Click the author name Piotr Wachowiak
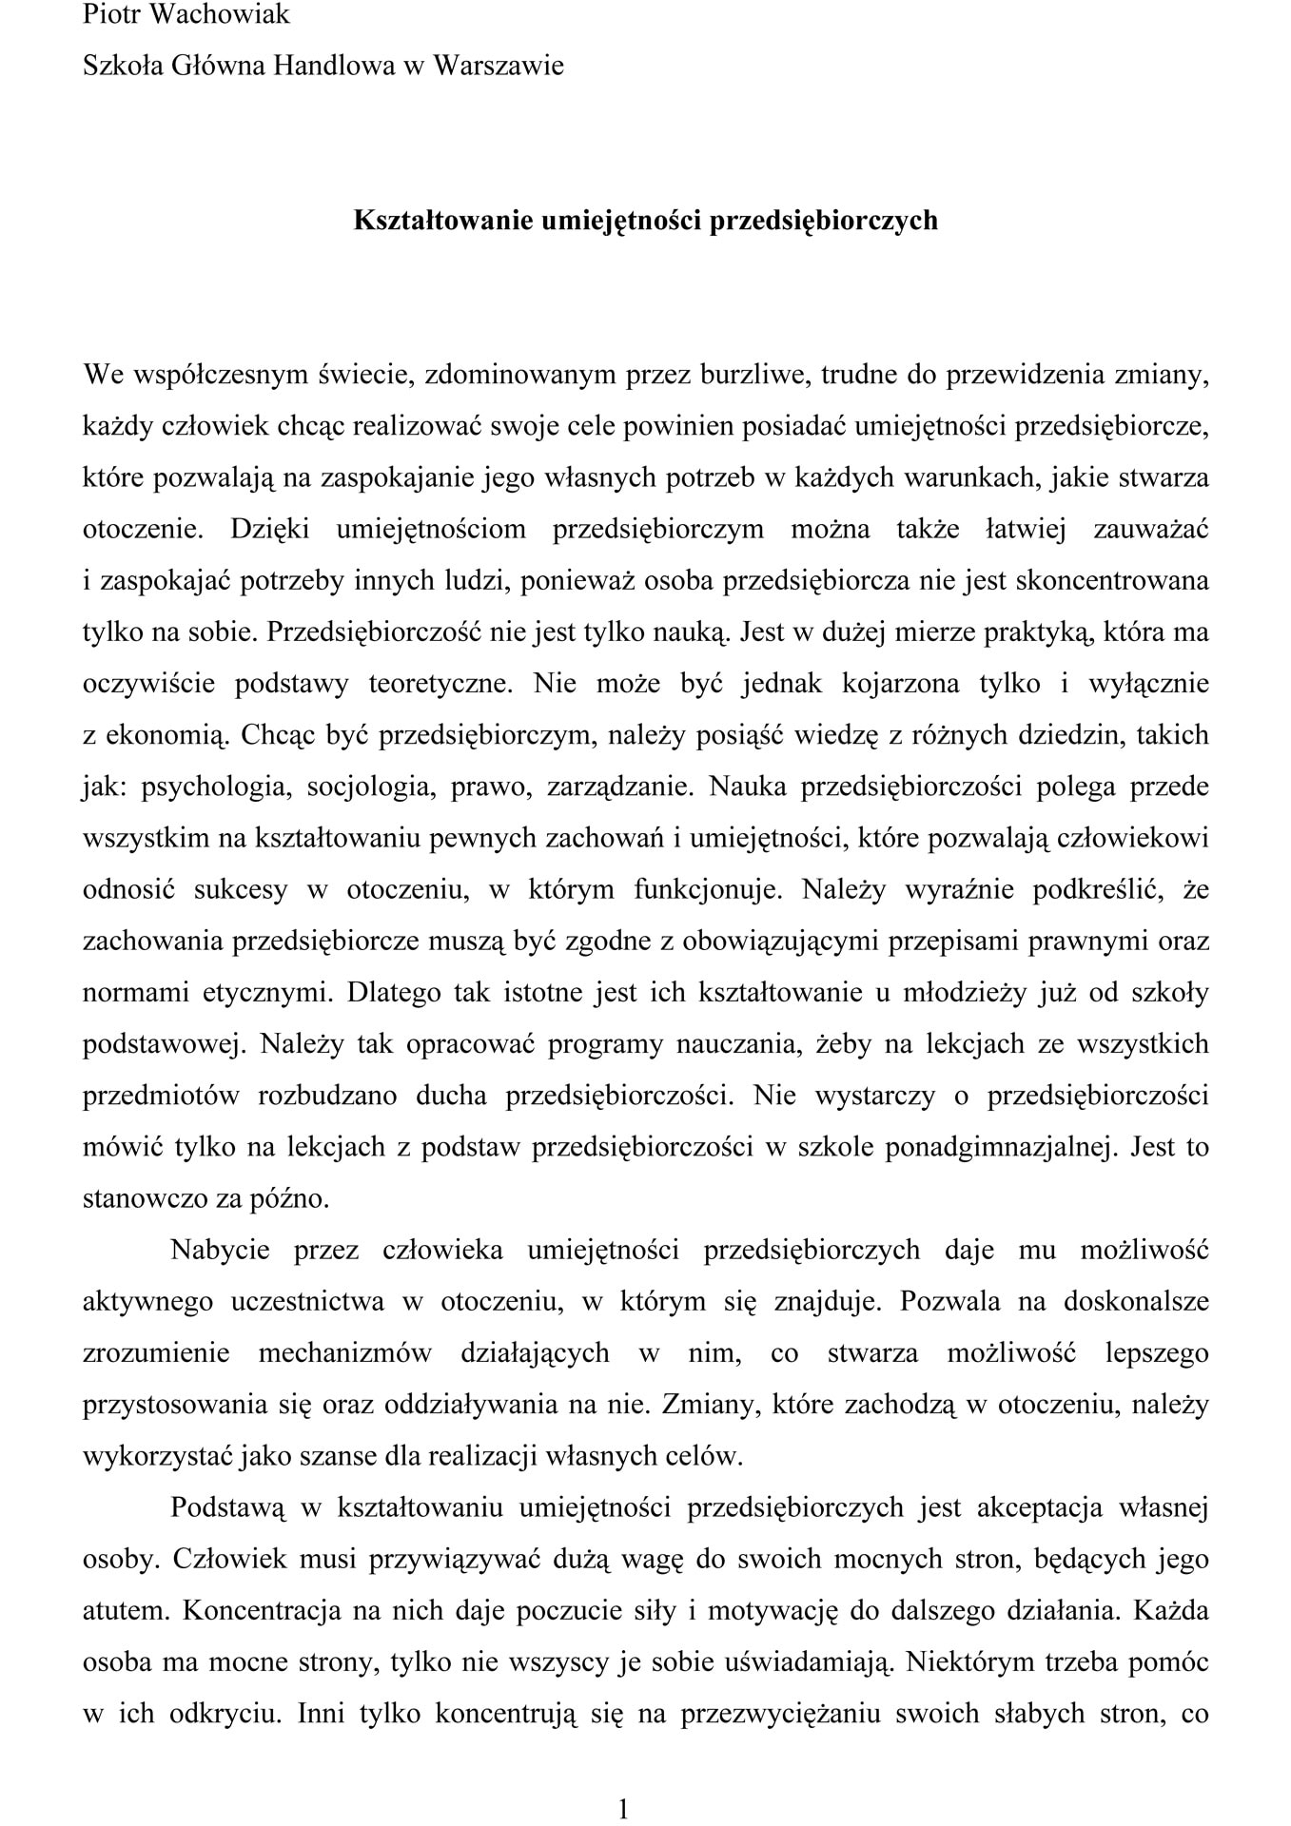[186, 15]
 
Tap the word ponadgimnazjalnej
[999, 1148]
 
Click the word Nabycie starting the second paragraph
[220, 1251]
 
